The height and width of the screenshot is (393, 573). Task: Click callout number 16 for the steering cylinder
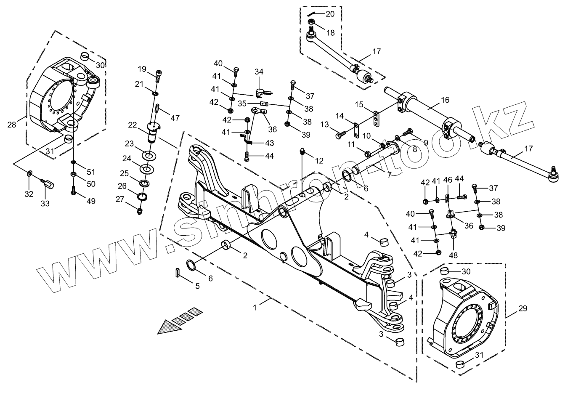point(445,100)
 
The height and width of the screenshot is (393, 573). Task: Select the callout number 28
point(12,125)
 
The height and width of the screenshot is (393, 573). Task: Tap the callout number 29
point(523,308)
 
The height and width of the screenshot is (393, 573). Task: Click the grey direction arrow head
point(170,327)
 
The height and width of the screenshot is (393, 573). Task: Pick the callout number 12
point(319,161)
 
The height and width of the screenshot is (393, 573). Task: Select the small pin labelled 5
point(178,272)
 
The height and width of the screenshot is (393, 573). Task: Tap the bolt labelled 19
point(159,76)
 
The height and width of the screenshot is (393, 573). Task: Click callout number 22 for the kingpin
point(132,125)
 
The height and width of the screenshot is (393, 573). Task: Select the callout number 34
point(259,72)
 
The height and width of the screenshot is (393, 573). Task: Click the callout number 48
point(453,255)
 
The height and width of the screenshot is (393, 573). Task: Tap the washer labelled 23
point(149,155)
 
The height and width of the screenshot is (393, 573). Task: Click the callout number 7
point(389,175)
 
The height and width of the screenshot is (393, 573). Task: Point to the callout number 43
point(269,143)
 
